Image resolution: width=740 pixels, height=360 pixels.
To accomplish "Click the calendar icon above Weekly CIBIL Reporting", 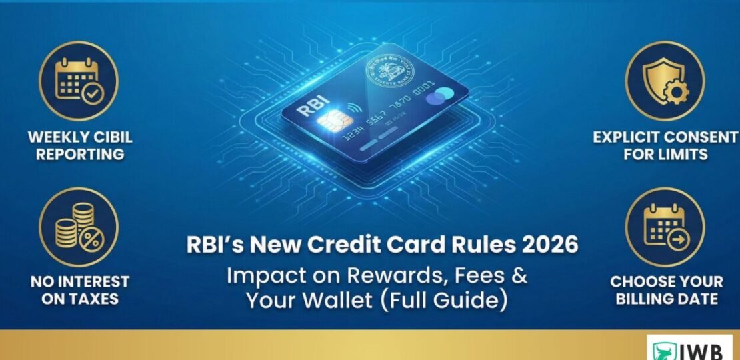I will tap(78, 81).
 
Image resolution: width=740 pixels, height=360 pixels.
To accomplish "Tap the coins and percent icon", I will tap(78, 226).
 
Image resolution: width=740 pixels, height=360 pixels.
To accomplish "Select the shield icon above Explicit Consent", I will tap(664, 81).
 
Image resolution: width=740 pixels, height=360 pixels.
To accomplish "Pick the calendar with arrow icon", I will tap(664, 226).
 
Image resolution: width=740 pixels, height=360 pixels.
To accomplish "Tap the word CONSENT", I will tap(700, 138).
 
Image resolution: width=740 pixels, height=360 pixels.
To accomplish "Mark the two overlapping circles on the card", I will tap(437, 99).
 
